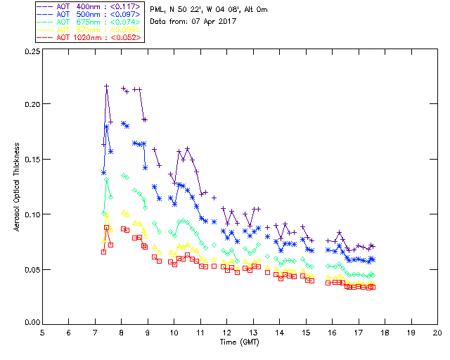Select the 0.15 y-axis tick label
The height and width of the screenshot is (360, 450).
(31, 159)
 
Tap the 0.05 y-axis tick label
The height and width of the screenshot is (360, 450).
(31, 269)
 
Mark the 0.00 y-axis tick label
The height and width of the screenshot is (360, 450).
(31, 323)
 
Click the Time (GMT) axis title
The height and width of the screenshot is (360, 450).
(239, 341)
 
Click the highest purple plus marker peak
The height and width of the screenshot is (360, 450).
(107, 86)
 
